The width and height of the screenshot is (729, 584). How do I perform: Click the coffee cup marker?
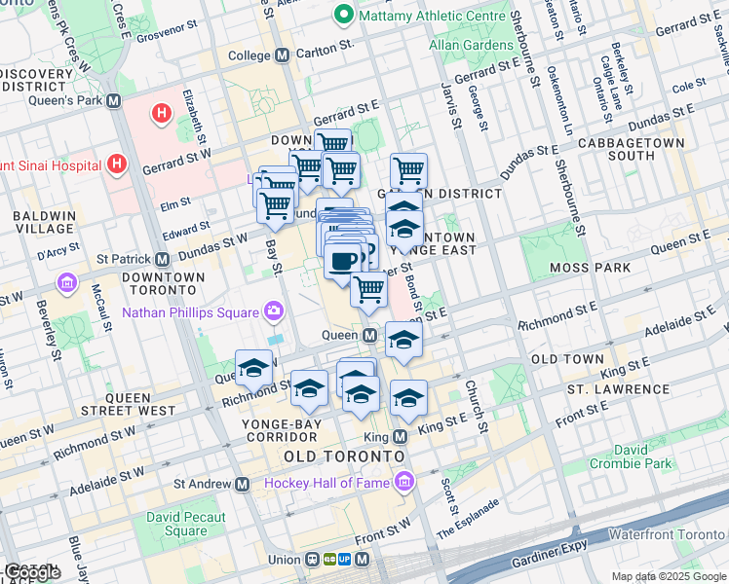pyautogui.click(x=342, y=261)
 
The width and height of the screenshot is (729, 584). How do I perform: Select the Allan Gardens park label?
pyautogui.click(x=471, y=45)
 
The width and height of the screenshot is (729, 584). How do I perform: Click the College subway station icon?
pyautogui.click(x=282, y=55)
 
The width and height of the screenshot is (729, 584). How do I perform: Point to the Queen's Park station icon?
pyautogui.click(x=114, y=99)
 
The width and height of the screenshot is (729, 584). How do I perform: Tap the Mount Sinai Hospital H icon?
pyautogui.click(x=117, y=162)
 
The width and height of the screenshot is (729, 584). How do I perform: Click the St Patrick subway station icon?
pyautogui.click(x=163, y=259)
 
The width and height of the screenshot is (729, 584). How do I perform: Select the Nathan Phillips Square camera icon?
pyautogui.click(x=274, y=311)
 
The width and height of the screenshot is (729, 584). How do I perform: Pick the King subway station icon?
pyautogui.click(x=400, y=437)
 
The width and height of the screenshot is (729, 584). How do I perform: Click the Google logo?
pyautogui.click(x=32, y=573)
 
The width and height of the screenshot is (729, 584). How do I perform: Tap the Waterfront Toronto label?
pyautogui.click(x=666, y=534)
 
